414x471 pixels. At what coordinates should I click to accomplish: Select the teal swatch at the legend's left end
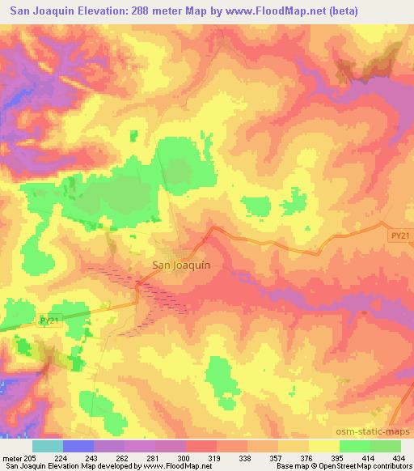click(48, 446)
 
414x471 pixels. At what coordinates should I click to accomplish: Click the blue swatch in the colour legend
click(78, 446)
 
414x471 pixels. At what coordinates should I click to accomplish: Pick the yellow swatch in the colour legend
click(324, 446)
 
